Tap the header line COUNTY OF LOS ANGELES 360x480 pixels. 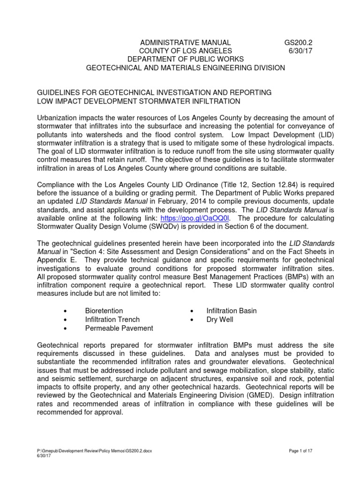click(x=185, y=51)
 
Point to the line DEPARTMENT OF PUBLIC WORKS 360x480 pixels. click(x=185, y=59)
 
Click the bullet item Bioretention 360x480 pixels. click(x=104, y=311)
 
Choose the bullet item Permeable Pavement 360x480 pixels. click(x=119, y=328)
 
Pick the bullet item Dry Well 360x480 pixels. click(x=220, y=320)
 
